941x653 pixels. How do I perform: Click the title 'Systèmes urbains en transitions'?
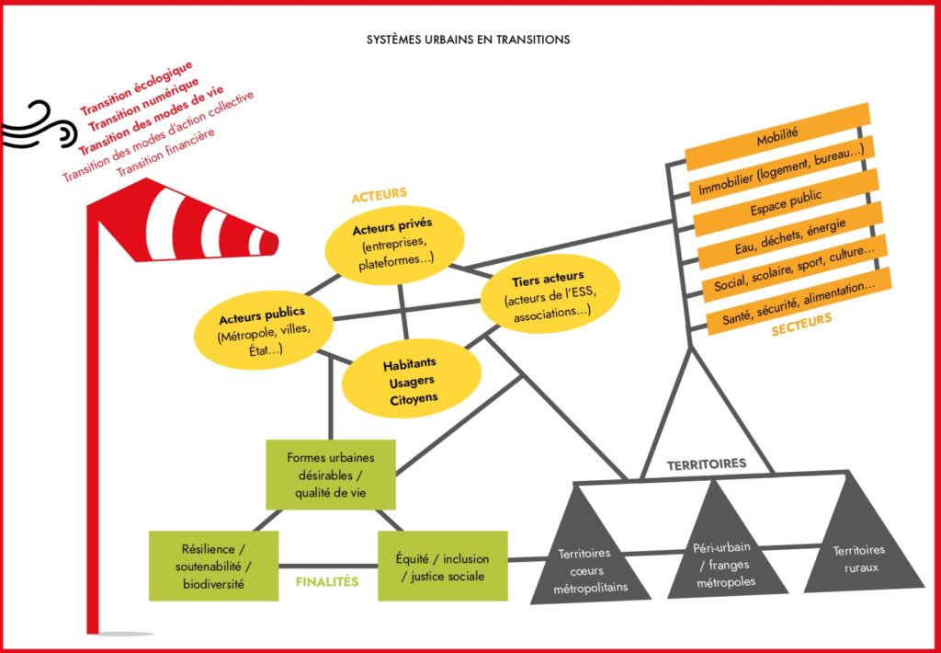[468, 40]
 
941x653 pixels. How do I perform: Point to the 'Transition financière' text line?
[165, 152]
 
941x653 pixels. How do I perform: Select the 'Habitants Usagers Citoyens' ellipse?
[410, 381]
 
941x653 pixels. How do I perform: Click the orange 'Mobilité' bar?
[777, 136]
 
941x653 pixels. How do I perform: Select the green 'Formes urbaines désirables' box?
[331, 475]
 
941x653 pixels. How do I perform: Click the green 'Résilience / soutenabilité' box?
[213, 566]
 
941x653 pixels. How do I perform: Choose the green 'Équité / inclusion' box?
[442, 566]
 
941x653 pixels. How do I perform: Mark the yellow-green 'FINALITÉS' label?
[326, 582]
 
